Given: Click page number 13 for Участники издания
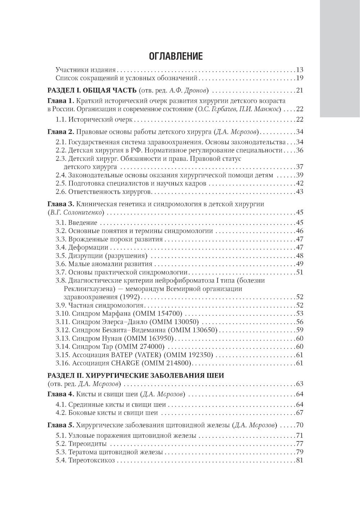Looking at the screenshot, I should click(300, 70).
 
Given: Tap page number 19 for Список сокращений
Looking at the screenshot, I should click(300, 78).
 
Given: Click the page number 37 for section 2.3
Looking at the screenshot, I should click(300, 167).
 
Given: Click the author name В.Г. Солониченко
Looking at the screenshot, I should click(77, 212).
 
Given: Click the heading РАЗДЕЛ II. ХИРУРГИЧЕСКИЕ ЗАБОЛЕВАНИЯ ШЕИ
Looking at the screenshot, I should click(136, 376).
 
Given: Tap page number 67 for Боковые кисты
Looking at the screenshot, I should click(300, 413).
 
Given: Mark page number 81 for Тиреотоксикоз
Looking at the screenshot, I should click(300, 460).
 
